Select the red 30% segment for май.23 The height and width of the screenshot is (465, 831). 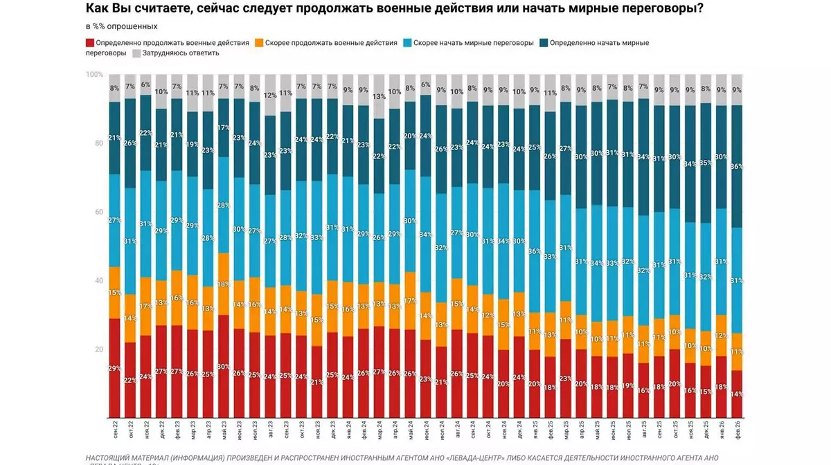click(224, 366)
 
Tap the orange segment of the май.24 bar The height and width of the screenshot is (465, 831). click(409, 300)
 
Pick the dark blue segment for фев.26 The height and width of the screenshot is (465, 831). click(737, 166)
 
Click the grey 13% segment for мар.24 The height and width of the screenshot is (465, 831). click(379, 96)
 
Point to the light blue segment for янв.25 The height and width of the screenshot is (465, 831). click(535, 251)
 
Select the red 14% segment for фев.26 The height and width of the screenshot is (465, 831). click(737, 394)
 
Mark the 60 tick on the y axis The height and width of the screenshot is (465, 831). click(98, 212)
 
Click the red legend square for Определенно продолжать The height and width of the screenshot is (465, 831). click(90, 43)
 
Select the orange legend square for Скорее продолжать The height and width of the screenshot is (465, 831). click(260, 43)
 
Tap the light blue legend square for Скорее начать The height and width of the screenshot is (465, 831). click(408, 43)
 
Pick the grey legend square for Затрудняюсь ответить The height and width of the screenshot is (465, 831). click(136, 53)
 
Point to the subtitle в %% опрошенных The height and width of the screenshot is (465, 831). click(122, 26)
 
